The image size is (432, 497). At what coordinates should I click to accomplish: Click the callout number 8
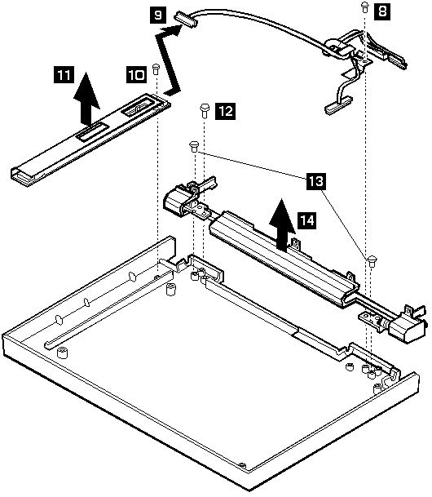[382, 11]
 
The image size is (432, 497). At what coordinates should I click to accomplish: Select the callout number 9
[158, 15]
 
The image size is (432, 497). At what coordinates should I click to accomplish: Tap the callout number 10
[136, 75]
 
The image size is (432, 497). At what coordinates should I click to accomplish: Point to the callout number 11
[64, 75]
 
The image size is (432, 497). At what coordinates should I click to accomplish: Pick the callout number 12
[225, 111]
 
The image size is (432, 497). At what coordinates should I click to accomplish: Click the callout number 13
[316, 182]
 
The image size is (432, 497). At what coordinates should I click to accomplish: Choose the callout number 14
[307, 220]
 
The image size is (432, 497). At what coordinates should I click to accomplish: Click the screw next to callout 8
[365, 7]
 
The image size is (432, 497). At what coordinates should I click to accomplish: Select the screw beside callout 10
[156, 69]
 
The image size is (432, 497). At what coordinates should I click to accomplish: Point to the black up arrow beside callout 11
[86, 99]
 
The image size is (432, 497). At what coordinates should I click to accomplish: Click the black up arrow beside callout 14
[282, 225]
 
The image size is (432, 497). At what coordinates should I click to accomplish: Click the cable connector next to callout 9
[186, 19]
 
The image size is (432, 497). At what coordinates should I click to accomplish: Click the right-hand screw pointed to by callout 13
[372, 261]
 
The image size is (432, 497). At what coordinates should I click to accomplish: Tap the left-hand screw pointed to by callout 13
[194, 146]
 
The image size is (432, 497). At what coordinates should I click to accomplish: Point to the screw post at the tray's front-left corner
[62, 353]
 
